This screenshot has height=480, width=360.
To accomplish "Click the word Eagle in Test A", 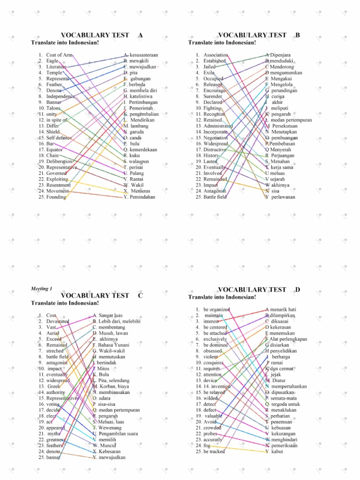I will point(52,61).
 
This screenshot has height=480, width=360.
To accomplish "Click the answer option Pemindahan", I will point(140,197).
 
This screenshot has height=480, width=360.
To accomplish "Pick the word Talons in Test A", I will point(53,108).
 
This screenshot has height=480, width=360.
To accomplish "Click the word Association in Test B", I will point(216,55).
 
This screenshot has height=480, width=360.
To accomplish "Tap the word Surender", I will point(213,96).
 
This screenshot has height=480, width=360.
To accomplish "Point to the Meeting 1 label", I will point(42,288).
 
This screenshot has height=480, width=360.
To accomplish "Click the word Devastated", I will point(58,321).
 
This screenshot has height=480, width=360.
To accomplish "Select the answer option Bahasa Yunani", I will point(109,345).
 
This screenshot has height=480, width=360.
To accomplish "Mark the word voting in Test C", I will point(53,404).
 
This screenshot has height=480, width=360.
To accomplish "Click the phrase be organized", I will point(217,309).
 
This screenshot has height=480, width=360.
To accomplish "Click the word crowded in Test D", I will point(212,428).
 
